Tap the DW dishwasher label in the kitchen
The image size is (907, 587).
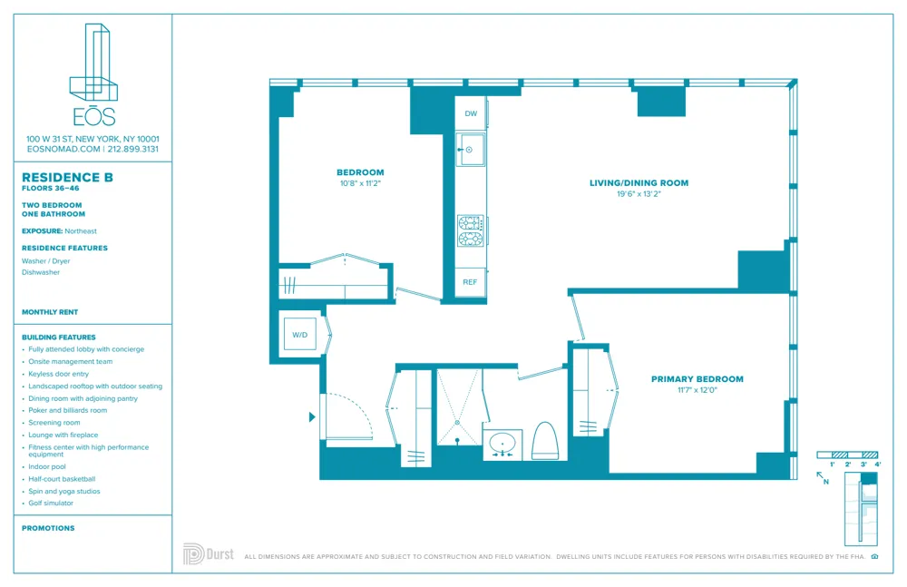pos(471,114)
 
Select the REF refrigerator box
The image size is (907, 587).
pos(470,282)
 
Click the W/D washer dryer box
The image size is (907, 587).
pos(299,334)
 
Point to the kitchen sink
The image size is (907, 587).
pos(470,149)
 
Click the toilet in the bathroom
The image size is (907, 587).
pos(544,441)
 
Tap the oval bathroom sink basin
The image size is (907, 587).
pos(502,444)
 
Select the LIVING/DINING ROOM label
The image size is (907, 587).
pos(639,183)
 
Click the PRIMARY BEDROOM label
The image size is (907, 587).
pos(697,379)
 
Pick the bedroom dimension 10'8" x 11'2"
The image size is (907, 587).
pos(360,183)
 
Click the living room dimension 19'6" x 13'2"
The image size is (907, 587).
pos(639,193)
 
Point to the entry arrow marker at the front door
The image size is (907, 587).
pos(313,417)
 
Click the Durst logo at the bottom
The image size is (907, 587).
pos(210,553)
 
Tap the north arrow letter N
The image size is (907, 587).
pos(825,483)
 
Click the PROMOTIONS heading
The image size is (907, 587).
pos(48,528)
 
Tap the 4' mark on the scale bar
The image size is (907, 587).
pos(877,465)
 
